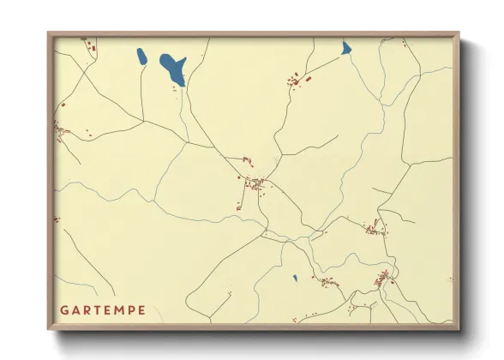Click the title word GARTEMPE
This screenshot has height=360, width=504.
[102, 309]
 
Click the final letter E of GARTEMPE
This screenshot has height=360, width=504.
[141, 309]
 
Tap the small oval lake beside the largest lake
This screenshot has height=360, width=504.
[141, 57]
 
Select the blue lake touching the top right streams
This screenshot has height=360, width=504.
[346, 48]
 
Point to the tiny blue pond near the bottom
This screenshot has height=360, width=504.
[295, 278]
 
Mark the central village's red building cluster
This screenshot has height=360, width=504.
[255, 182]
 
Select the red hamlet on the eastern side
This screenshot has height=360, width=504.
[374, 227]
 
